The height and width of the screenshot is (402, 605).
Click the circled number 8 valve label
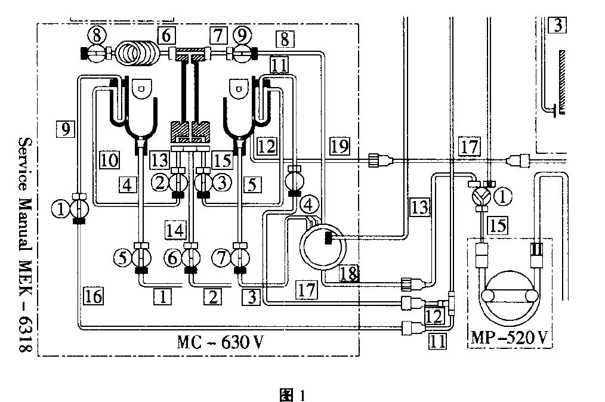click(97, 36)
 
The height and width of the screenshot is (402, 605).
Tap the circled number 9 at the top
click(242, 36)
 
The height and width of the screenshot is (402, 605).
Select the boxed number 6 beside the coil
click(166, 36)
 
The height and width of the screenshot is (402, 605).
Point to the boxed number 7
click(218, 36)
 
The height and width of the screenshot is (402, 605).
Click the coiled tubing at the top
click(138, 53)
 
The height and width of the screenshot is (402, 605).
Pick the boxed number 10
click(109, 159)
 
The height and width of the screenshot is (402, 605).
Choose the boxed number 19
click(339, 146)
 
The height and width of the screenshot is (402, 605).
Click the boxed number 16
click(93, 296)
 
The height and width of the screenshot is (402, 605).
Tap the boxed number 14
click(175, 230)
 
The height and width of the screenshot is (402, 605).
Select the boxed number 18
click(349, 274)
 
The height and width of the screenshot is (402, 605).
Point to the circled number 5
click(123, 257)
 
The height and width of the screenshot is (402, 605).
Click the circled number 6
click(172, 257)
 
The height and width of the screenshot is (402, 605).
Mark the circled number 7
click(222, 257)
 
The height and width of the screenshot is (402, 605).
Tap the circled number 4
click(308, 205)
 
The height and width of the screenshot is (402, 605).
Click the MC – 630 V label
click(220, 342)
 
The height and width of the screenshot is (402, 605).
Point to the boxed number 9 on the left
click(65, 129)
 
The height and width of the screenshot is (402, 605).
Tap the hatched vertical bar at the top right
click(562, 82)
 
